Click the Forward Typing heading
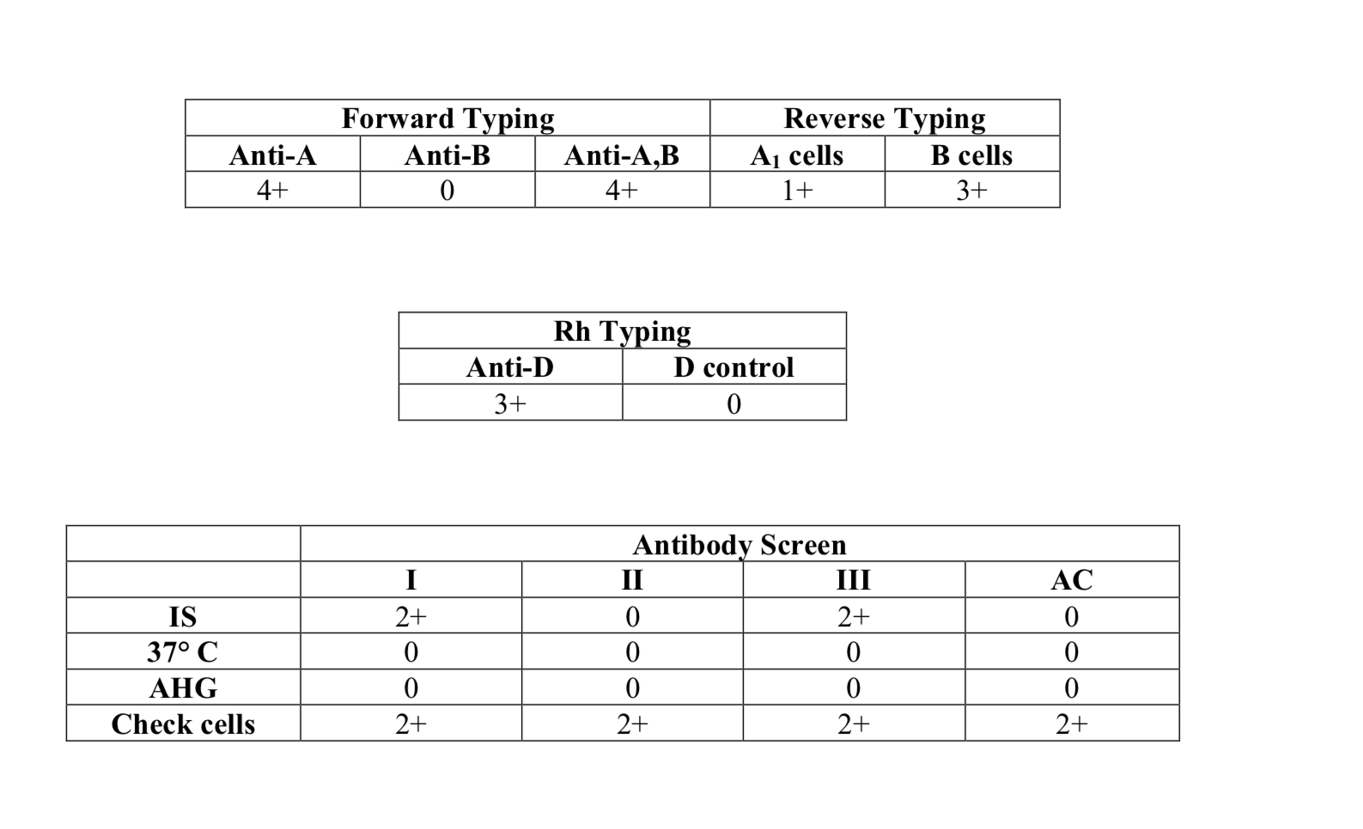point(447,119)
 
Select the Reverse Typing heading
point(884,119)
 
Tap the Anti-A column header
point(272,155)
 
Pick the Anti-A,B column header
point(622,155)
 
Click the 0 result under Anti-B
point(447,191)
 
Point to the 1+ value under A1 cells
point(797,191)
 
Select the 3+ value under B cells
point(971,191)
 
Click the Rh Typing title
point(622,332)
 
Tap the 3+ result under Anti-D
point(510,404)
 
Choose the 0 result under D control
point(733,404)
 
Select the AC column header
point(1072,580)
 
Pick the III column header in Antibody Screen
point(854,580)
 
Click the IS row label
point(183,617)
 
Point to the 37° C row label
point(183,652)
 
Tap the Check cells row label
point(183,724)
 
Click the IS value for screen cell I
point(411,617)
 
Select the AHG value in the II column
point(632,688)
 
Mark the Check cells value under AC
point(1072,723)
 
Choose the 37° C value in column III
point(854,652)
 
